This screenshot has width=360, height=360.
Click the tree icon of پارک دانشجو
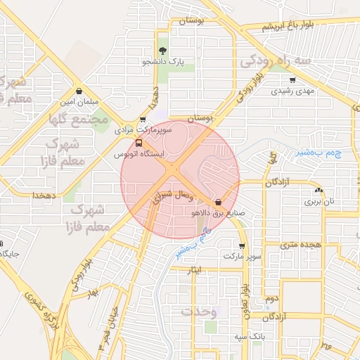coord(163,51)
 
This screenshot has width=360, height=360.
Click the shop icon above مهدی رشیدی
coord(292,80)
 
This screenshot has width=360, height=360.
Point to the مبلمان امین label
coord(78,101)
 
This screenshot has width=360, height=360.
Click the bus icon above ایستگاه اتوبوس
coord(138,143)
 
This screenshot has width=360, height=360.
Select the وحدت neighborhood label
coord(198,311)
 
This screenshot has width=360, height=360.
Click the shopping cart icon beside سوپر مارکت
coord(242,246)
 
